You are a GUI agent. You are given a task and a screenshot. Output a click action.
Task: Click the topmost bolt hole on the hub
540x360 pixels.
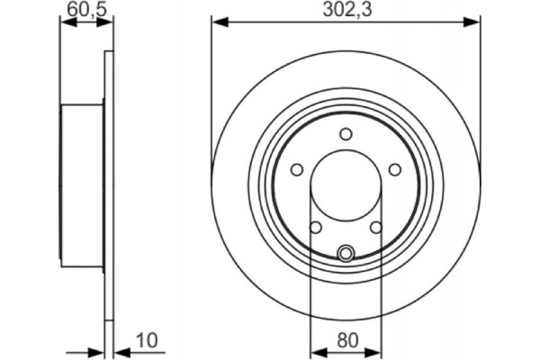(x=345, y=134)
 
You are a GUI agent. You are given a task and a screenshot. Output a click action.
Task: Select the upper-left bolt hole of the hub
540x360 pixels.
(x=297, y=168)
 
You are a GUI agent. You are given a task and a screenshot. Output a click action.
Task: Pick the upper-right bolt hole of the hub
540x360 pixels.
(x=392, y=168)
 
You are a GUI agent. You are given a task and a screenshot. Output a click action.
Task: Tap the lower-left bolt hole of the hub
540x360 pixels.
(x=315, y=226)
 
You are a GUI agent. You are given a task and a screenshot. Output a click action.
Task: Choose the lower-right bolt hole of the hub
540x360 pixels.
(x=374, y=226)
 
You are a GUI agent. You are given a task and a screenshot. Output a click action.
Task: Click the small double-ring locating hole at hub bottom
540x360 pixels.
(x=345, y=253)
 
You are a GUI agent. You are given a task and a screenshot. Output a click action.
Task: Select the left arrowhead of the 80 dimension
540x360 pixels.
(x=315, y=353)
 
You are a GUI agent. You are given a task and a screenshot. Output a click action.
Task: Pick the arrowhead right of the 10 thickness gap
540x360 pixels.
(x=118, y=353)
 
